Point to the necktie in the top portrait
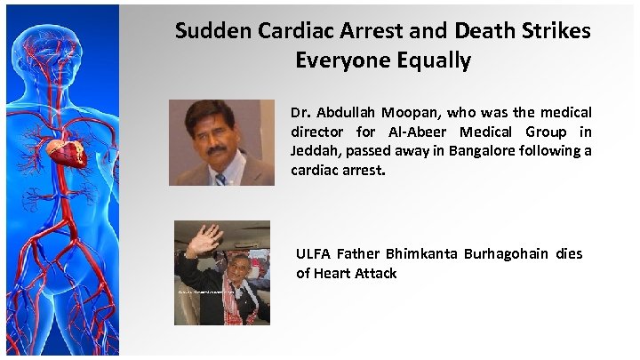pyautogui.click(x=220, y=178)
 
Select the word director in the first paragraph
pyautogui.click(x=318, y=132)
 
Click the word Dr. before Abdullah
pyautogui.click(x=300, y=113)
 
